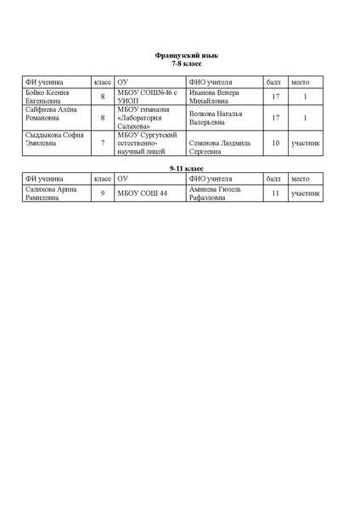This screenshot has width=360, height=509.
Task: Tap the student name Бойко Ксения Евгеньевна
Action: pos(47,97)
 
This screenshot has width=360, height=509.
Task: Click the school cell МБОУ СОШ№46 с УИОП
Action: pos(147,97)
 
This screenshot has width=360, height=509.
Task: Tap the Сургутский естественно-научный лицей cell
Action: pos(146,143)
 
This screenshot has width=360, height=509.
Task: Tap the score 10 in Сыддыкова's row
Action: pos(275,143)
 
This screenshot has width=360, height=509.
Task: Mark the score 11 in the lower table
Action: pos(275,193)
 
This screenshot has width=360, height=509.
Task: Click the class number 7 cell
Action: pos(103,143)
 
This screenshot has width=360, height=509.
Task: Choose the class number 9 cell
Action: pos(103,193)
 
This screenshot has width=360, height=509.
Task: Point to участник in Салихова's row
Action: pos(306,193)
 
